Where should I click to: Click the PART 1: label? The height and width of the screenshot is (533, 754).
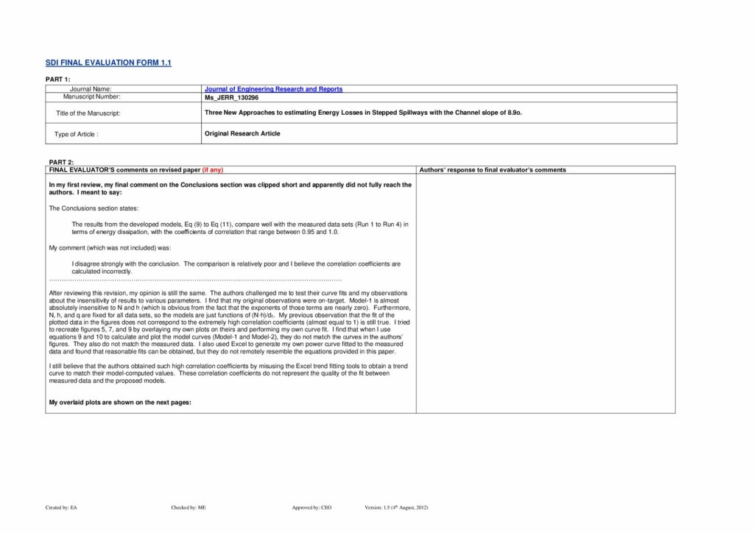[58, 79]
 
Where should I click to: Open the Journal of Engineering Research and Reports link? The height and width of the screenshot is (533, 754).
[273, 89]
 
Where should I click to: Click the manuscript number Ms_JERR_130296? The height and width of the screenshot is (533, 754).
[231, 97]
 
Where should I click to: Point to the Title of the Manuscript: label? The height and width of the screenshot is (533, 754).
[88, 113]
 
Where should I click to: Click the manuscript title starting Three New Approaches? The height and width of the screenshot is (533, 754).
[363, 113]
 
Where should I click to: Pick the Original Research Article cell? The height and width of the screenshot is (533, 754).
[242, 133]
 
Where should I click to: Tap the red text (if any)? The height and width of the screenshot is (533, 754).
[212, 170]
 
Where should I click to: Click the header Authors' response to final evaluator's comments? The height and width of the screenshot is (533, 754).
[493, 170]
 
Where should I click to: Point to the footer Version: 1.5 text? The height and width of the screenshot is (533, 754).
[396, 508]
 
